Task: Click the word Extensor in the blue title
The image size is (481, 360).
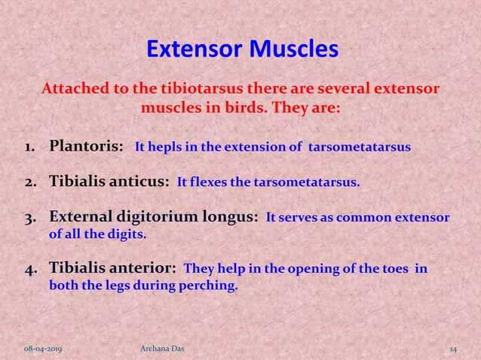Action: pos(190,50)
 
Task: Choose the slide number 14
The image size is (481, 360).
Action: pos(453,349)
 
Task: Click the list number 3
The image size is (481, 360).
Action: pos(34,219)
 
